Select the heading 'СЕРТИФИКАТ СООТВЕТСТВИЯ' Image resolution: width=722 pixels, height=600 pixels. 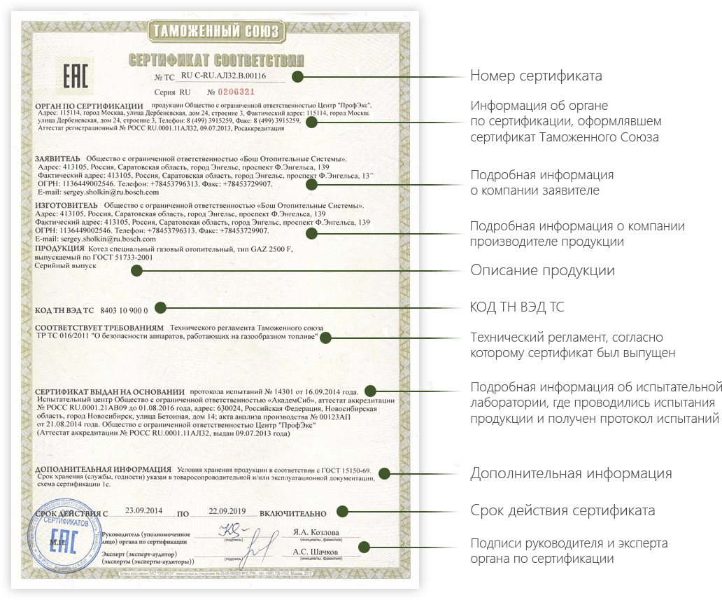click(x=216, y=60)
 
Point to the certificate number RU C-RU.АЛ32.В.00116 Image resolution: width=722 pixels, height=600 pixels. click(x=228, y=76)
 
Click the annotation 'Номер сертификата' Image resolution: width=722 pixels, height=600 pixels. click(x=536, y=76)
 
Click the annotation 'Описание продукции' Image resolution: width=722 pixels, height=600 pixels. click(x=542, y=270)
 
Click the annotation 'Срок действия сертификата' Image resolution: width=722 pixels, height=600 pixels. click(x=562, y=510)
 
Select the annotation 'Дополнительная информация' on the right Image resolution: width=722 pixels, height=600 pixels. click(x=571, y=473)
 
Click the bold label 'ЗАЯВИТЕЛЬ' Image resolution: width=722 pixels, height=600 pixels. click(x=57, y=159)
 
